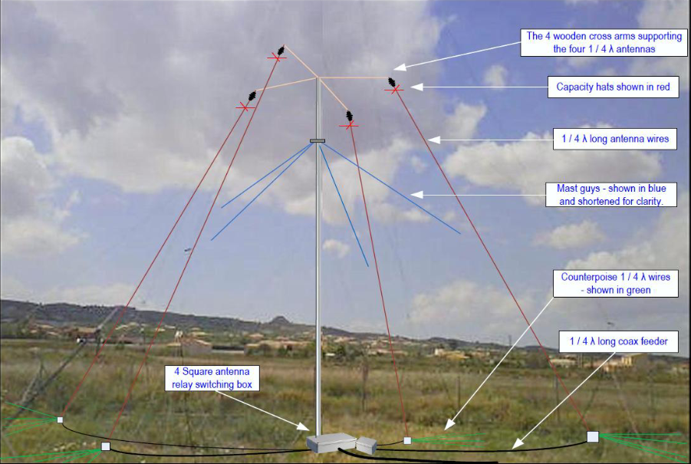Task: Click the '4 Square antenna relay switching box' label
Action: [212, 378]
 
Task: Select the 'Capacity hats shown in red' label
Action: [613, 87]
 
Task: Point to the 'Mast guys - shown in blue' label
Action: [611, 194]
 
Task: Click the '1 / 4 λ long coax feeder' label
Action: [618, 341]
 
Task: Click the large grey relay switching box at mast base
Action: [331, 443]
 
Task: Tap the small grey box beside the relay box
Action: [367, 443]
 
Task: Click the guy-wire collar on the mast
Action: [318, 140]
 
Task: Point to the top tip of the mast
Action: [318, 78]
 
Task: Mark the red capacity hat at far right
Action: [394, 90]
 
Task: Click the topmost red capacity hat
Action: [277, 56]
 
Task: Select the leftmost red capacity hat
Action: [245, 107]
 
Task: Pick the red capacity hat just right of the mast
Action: [350, 124]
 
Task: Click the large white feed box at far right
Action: [592, 436]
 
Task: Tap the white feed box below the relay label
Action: [106, 446]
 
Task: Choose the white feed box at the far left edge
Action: [60, 420]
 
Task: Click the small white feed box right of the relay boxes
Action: [407, 440]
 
